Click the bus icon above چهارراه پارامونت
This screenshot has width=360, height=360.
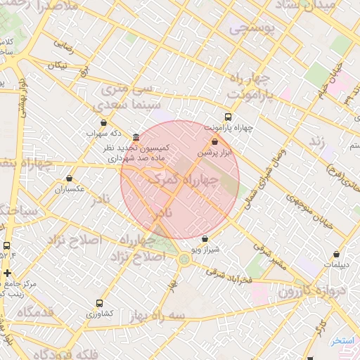point(227,117)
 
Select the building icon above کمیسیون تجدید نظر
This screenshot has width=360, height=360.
point(135,138)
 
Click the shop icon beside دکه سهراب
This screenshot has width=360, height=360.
point(103,123)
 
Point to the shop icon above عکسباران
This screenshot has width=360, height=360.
point(68,179)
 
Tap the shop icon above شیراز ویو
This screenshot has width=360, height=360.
point(205,238)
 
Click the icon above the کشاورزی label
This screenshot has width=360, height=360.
point(98,303)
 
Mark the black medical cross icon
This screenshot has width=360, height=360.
point(7,273)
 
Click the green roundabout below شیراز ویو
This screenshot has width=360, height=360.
point(184,259)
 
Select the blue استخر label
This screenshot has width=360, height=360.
point(344,340)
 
